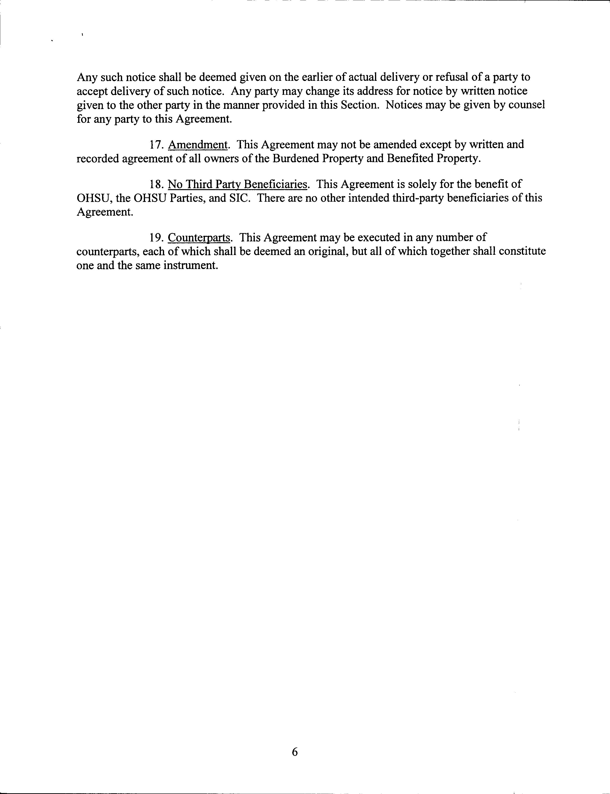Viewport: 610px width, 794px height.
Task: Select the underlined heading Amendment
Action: click(198, 145)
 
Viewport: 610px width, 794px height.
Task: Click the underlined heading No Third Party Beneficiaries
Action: click(237, 184)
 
